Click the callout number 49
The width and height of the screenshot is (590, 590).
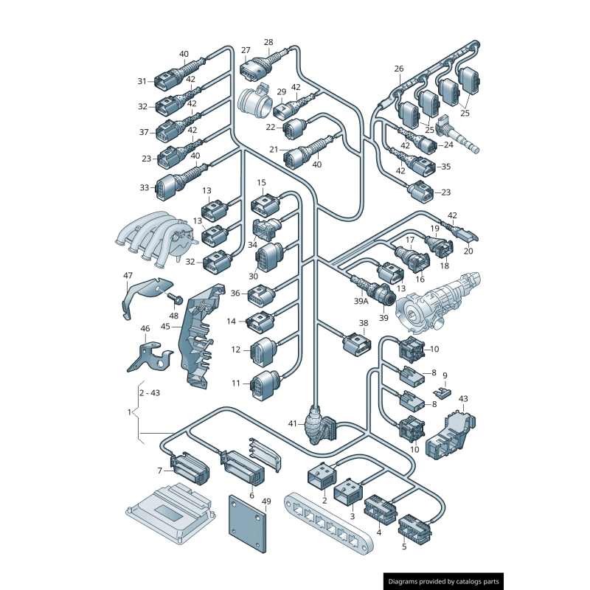[x=266, y=502]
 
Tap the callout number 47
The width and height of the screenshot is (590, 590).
[x=128, y=276]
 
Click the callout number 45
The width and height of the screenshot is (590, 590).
[x=165, y=326]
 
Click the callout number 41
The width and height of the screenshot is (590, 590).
[x=293, y=423]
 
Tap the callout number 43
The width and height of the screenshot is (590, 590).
[x=463, y=398]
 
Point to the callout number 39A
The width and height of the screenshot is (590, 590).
[x=361, y=301]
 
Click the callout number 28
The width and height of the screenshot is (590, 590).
[x=268, y=42]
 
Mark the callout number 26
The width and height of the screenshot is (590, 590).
[x=399, y=69]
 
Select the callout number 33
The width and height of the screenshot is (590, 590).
[x=145, y=187]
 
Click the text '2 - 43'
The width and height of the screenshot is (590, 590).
[x=150, y=392]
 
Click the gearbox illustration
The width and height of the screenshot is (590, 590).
[x=440, y=299]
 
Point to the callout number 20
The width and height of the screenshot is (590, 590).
[x=468, y=251]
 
